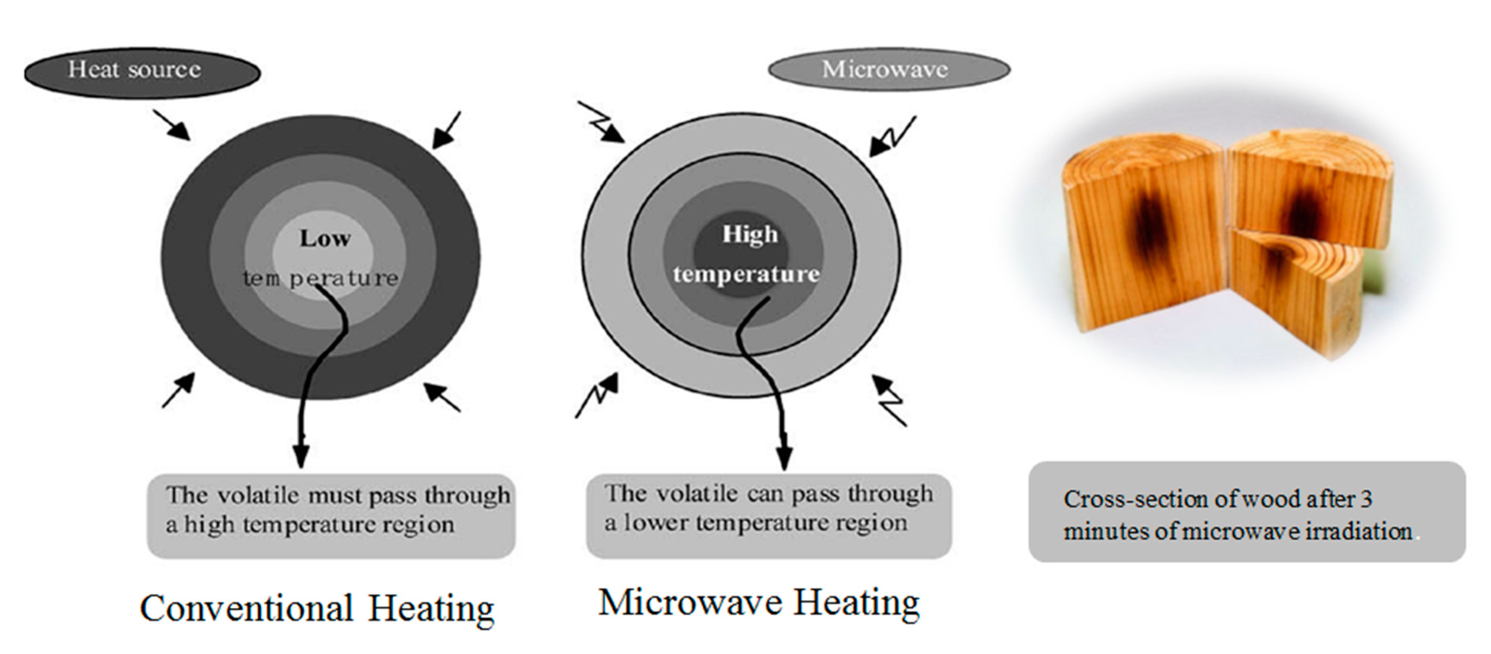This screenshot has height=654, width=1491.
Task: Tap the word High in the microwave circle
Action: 750,235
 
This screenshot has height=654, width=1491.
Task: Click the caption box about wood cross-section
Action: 1246,512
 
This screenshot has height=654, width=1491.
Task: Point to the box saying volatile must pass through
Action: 331,516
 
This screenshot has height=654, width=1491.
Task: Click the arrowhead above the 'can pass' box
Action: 784,458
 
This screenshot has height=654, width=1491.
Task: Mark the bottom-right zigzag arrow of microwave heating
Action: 889,399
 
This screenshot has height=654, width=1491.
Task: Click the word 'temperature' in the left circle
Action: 320,279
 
